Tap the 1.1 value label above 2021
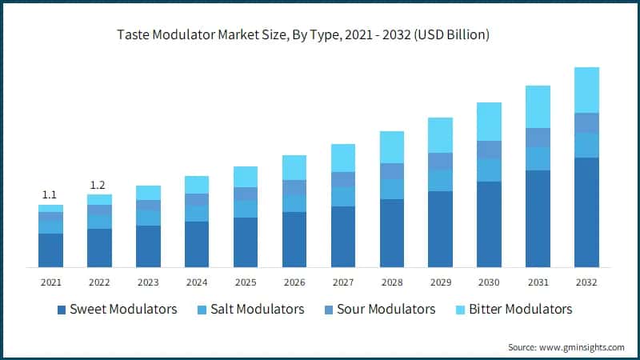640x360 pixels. click(50, 194)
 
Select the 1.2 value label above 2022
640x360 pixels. click(98, 185)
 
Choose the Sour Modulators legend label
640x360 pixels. click(386, 309)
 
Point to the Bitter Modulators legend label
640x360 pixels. click(521, 309)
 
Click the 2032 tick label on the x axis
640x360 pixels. click(586, 282)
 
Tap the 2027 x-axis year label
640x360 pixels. click(342, 282)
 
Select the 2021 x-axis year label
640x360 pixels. click(50, 282)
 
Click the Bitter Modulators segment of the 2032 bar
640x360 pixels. click(586, 90)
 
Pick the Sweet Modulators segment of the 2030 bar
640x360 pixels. click(489, 224)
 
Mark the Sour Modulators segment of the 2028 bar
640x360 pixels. click(391, 171)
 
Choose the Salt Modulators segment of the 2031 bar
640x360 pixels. click(538, 158)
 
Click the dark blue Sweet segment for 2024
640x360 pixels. click(196, 244)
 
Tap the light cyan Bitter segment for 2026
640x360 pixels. click(294, 167)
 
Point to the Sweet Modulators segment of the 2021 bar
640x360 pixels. click(50, 250)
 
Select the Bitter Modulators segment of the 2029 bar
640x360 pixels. click(440, 134)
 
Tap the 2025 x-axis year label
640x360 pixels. click(245, 282)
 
